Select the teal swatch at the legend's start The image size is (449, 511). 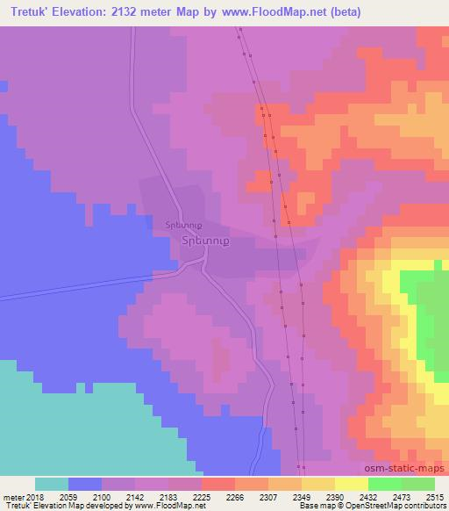click(x=52, y=485)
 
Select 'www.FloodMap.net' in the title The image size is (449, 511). click(x=268, y=12)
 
